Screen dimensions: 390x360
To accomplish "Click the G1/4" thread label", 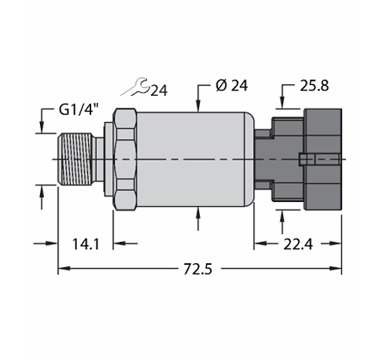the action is (79, 109).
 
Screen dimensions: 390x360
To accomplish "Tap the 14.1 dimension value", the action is (86, 244).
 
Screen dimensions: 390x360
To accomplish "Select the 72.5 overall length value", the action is (197, 269).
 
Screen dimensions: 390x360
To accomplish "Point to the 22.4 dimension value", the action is (298, 244).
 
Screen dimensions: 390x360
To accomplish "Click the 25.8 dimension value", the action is (314, 86).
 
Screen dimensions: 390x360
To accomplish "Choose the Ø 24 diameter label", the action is (232, 86).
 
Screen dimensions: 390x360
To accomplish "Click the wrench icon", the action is (135, 86).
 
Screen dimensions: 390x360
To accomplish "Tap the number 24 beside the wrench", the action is (159, 90).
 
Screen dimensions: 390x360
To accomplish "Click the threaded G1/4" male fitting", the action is (75, 160).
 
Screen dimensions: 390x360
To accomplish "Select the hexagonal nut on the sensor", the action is (125, 160).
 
